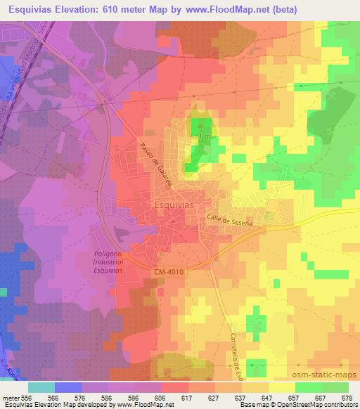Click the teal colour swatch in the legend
[x=41, y=387]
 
